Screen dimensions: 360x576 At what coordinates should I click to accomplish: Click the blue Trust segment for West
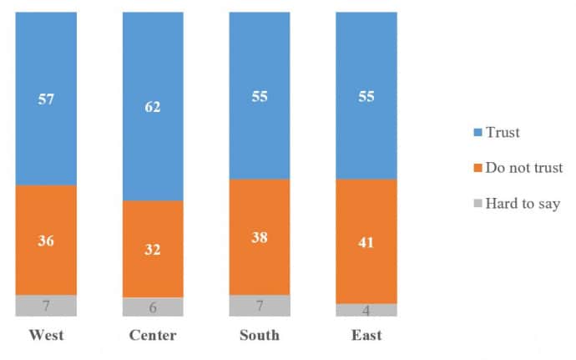[x=46, y=99]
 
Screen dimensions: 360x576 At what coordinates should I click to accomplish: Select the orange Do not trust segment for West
[x=46, y=240]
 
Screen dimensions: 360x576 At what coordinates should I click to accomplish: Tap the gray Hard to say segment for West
[x=46, y=306]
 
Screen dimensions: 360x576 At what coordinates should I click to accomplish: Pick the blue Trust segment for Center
[x=153, y=107]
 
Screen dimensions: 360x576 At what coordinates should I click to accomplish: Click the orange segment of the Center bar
[x=153, y=249]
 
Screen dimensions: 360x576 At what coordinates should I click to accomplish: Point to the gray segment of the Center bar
[x=153, y=307]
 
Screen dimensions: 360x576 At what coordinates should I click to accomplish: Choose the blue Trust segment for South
[x=260, y=96]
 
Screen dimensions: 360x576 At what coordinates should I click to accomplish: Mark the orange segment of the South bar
[x=260, y=237]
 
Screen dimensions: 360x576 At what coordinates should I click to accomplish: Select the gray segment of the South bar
[x=260, y=306]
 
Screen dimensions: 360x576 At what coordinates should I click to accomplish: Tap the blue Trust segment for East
[x=366, y=96]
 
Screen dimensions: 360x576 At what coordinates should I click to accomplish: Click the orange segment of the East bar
[x=366, y=241]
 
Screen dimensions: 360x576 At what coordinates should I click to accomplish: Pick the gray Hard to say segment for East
[x=366, y=310]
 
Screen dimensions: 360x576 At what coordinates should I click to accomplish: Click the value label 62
[x=152, y=107]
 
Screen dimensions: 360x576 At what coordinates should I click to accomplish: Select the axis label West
[x=46, y=336]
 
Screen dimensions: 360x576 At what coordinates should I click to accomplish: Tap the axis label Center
[x=153, y=336]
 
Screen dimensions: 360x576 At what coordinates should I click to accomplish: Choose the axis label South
[x=260, y=336]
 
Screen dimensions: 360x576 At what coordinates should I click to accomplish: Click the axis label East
[x=366, y=336]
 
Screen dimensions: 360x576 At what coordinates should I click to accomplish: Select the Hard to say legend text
[x=523, y=203]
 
